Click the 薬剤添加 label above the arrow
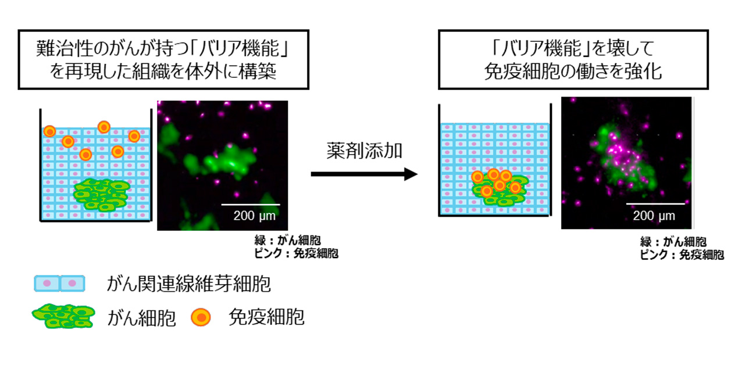(364, 151)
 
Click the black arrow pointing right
(364, 174)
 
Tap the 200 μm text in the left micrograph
(255, 216)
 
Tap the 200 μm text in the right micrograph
(654, 216)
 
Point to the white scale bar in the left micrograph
(251, 205)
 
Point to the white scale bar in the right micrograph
(655, 204)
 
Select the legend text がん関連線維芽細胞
(188, 284)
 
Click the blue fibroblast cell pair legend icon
(59, 284)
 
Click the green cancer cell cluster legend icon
(63, 316)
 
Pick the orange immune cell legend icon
(201, 317)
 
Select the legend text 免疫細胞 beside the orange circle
(266, 317)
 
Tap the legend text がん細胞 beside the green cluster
(141, 318)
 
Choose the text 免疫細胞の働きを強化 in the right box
(573, 71)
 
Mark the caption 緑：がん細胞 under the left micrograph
(287, 241)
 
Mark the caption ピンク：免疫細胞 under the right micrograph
(682, 255)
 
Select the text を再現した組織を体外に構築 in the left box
(163, 72)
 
